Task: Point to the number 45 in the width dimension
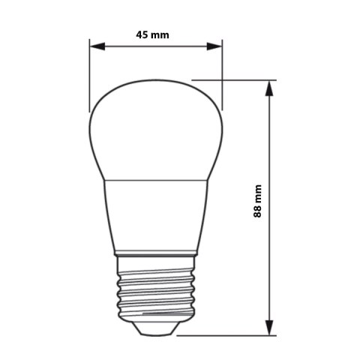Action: (x=142, y=34)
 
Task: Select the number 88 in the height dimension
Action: (x=258, y=212)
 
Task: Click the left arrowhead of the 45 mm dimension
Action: (x=95, y=46)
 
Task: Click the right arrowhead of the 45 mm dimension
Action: (x=217, y=46)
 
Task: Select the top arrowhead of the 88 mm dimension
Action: (x=269, y=85)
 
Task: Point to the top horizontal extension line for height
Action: (x=232, y=79)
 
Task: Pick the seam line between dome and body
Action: (x=157, y=180)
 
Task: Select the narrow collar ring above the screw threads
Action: (x=157, y=256)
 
